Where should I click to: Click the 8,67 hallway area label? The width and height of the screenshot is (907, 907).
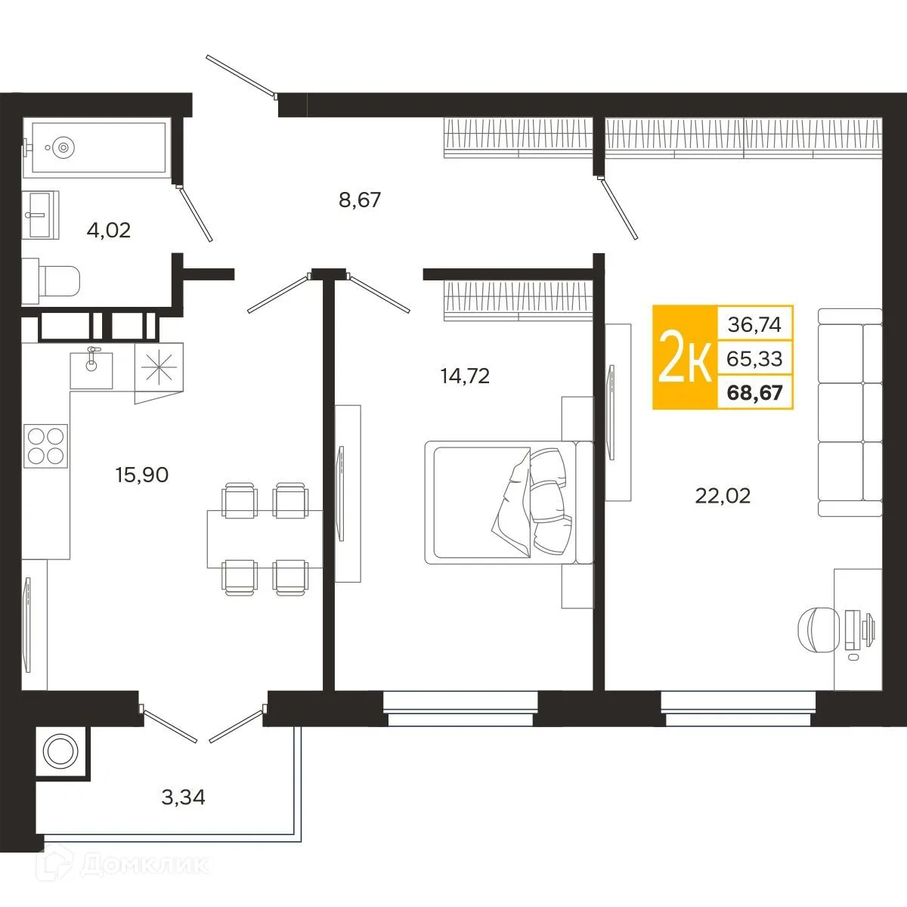pos(360,200)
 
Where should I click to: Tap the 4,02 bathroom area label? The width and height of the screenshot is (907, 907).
pos(109,231)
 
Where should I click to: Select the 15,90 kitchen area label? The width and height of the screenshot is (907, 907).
pos(141,475)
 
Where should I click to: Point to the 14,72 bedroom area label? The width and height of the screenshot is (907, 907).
pos(465,376)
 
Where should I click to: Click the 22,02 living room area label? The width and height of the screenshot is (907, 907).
pos(723,496)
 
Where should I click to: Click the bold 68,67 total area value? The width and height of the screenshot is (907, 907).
pos(754,392)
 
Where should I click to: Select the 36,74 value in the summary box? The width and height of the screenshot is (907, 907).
pos(754,325)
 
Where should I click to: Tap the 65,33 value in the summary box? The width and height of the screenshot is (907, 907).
pos(754,359)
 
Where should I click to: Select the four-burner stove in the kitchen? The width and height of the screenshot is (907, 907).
pos(45,446)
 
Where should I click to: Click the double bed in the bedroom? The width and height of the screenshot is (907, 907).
pos(509,502)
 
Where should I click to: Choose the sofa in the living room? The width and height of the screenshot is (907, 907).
pos(850,413)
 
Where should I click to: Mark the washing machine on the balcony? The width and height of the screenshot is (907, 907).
pos(60,750)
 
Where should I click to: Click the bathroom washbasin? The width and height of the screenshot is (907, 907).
pos(41,215)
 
